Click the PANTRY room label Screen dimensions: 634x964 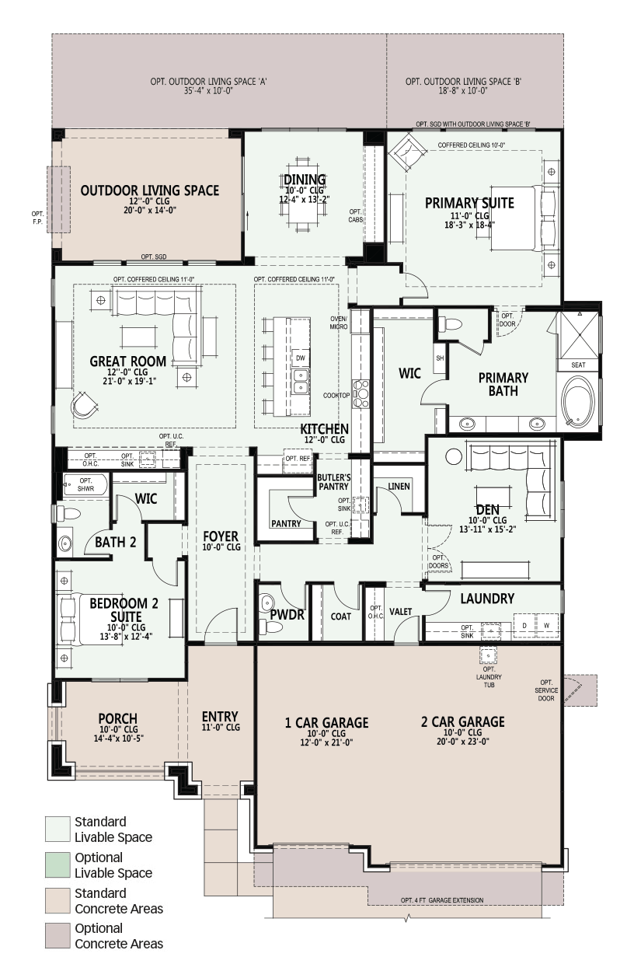(286, 523)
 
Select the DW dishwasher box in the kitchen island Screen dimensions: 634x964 (300, 358)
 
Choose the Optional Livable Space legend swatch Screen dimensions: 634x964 (57, 865)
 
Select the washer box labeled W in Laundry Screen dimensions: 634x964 (546, 625)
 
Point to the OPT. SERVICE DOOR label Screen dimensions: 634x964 (546, 690)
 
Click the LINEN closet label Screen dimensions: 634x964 (399, 487)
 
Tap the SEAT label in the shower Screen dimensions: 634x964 (578, 365)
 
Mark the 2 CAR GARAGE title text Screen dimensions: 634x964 (463, 721)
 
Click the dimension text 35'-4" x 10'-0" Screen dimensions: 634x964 (208, 91)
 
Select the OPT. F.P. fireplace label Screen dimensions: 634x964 (37, 218)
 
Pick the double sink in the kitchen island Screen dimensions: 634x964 (300, 381)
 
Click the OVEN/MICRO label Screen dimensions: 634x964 (339, 323)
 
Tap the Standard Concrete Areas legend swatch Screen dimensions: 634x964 (57, 901)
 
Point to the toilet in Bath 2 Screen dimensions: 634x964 (69, 514)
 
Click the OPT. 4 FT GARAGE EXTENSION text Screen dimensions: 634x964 (442, 900)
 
